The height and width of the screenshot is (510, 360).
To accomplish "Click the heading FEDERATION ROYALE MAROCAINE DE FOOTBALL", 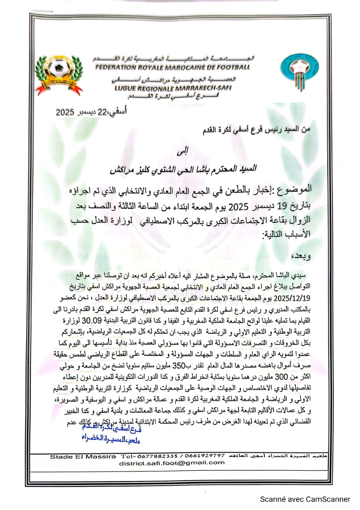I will (x=173, y=67).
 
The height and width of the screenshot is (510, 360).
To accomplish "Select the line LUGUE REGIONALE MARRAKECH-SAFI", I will (x=173, y=88).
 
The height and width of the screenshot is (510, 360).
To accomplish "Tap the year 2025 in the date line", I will (x=65, y=112).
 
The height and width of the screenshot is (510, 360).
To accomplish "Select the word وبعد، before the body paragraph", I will (x=301, y=256).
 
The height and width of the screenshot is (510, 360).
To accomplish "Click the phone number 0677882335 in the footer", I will (x=154, y=456).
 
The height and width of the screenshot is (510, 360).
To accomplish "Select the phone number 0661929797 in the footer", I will (x=205, y=456).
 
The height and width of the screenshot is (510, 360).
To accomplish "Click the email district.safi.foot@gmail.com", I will (x=172, y=463).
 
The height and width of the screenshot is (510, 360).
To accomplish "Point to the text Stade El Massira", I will (x=83, y=457).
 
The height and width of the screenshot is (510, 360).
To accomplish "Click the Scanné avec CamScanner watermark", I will (x=305, y=499).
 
